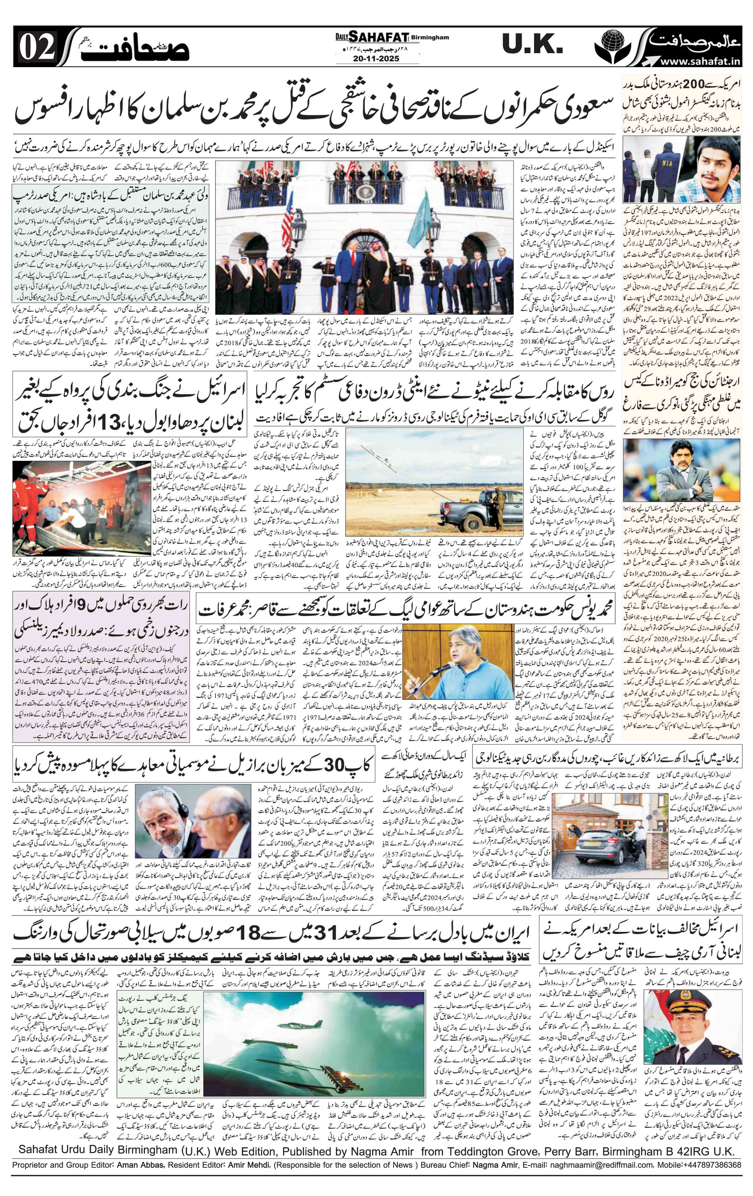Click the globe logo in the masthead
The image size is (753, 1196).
pos(612,44)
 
